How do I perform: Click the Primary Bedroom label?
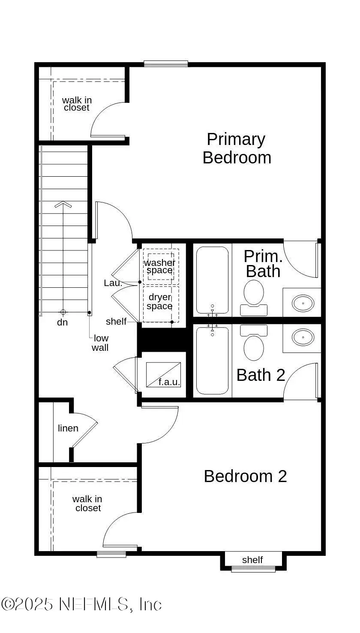pyautogui.click(x=237, y=148)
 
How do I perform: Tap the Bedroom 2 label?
pyautogui.click(x=245, y=476)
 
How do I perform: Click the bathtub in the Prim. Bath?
pyautogui.click(x=212, y=280)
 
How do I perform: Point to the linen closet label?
pyautogui.click(x=68, y=428)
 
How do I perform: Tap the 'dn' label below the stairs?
pyautogui.click(x=63, y=322)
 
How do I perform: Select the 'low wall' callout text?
pyautogui.click(x=100, y=343)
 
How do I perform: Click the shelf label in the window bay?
pyautogui.click(x=252, y=560)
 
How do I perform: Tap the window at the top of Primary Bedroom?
pyautogui.click(x=166, y=64)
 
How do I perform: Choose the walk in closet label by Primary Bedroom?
pyautogui.click(x=77, y=104)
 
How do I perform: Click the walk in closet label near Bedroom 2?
pyautogui.click(x=87, y=503)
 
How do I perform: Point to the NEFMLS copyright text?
pyautogui.click(x=81, y=604)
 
